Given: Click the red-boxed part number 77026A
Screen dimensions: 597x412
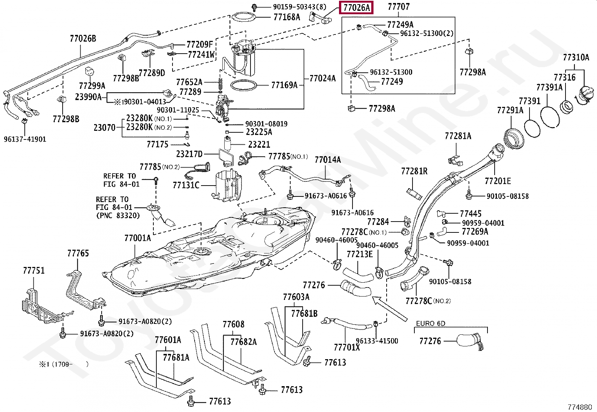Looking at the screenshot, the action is coord(356,7).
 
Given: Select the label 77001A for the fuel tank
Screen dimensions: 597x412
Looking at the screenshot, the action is coord(138,238).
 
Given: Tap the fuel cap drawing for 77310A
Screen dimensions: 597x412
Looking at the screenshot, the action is coord(586,95).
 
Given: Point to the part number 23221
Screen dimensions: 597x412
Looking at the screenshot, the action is coord(259,144).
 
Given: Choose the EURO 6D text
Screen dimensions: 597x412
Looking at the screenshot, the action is coord(431,323).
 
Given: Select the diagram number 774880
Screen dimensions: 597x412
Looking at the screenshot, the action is coord(579,407).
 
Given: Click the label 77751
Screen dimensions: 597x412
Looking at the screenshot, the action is coord(34,271).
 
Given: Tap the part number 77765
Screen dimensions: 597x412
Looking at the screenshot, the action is coord(78,253).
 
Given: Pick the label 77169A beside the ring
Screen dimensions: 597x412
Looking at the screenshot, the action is coord(284,85).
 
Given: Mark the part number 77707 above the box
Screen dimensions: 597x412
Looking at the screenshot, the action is coord(399,7).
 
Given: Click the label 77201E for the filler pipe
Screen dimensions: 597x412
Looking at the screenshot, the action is coord(498,181).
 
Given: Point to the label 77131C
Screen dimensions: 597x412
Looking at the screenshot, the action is coord(186,185).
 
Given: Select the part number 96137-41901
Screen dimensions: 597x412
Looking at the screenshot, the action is coord(25,139).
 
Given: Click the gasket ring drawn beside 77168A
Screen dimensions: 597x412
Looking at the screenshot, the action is coord(243,17).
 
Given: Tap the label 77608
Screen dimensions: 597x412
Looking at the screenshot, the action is coord(234,324).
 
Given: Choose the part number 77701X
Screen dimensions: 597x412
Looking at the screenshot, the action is coord(347,347).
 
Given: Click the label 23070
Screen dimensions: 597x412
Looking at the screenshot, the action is coord(105,128).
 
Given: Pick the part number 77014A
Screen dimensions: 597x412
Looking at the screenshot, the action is coord(327,160).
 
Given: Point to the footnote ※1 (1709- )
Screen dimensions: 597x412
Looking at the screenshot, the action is coord(64,364).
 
